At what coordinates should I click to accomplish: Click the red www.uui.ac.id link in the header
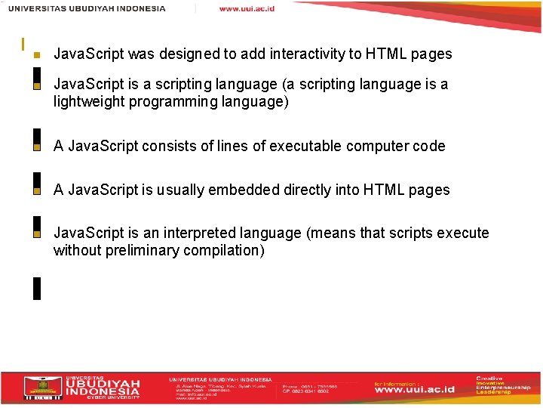[247, 8]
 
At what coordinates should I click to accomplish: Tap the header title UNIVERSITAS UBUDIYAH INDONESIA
[87, 8]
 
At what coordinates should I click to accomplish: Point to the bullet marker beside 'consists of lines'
[36, 147]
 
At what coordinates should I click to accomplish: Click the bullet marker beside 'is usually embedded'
[36, 191]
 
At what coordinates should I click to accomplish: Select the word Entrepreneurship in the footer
[503, 386]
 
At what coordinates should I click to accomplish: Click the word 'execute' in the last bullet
[462, 233]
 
